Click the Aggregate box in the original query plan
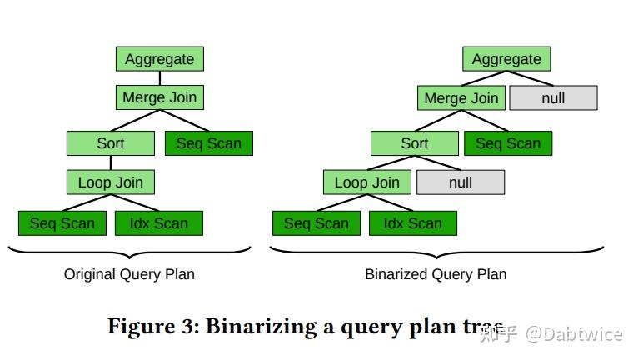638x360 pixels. tap(159, 59)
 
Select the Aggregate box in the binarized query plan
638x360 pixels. tap(506, 59)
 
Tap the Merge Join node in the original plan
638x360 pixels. tap(159, 97)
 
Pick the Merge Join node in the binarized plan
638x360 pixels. tap(461, 98)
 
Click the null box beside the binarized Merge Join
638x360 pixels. tap(553, 98)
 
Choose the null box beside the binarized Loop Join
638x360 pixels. tap(460, 182)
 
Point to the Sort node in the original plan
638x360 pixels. tap(111, 143)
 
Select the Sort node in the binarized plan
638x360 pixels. tap(415, 143)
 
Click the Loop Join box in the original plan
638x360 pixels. tap(111, 182)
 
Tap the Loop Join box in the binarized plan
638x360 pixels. tap(367, 182)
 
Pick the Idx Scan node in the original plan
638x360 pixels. tap(158, 223)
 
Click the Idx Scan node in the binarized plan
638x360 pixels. tap(412, 223)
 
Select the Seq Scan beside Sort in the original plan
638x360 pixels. tap(208, 143)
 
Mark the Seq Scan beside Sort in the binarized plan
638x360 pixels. tap(508, 143)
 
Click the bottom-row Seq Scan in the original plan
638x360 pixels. tap(62, 223)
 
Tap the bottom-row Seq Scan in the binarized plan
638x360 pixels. tap(317, 223)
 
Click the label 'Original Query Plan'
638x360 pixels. tap(129, 274)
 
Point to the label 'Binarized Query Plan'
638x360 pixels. tap(436, 274)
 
